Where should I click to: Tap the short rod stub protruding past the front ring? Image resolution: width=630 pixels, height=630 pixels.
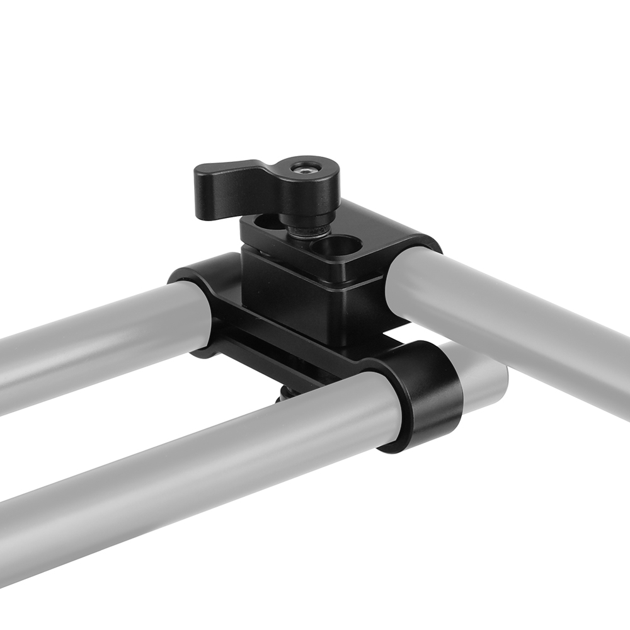[x=485, y=378]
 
